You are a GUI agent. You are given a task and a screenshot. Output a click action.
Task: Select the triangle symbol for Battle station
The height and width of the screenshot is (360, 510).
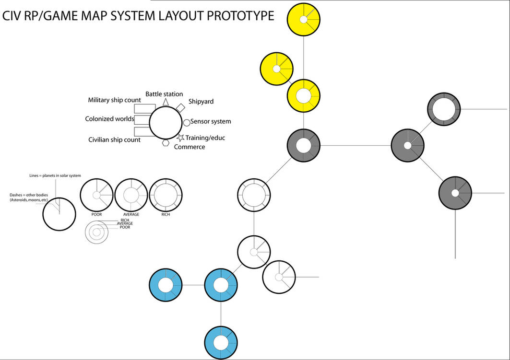(166, 102)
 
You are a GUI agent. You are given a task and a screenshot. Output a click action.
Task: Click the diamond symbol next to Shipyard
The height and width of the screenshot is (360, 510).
(180, 107)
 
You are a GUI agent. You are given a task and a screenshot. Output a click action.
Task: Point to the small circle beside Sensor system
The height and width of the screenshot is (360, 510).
(187, 122)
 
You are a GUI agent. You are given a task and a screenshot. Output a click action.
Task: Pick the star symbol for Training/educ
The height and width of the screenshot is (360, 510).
(180, 137)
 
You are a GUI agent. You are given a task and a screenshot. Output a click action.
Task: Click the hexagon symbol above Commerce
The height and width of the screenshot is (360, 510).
(166, 142)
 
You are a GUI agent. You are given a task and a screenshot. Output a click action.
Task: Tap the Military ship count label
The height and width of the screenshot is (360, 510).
(114, 100)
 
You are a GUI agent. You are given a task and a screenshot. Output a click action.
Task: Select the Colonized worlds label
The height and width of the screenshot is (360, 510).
(109, 119)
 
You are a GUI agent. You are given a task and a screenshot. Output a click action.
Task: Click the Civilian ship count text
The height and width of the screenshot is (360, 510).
(114, 140)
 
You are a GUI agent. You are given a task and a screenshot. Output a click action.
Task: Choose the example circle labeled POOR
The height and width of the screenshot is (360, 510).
(96, 195)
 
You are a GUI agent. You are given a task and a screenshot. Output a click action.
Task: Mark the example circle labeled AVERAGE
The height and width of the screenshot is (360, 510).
(131, 195)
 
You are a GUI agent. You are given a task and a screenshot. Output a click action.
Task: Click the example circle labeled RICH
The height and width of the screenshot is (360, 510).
(166, 195)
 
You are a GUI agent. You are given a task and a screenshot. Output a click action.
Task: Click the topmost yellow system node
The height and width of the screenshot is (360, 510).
(303, 20)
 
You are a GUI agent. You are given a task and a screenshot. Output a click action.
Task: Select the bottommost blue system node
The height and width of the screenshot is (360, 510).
(221, 343)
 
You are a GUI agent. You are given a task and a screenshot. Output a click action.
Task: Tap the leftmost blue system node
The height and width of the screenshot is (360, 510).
(166, 285)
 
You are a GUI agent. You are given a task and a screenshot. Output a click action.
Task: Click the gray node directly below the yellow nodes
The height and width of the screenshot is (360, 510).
(303, 145)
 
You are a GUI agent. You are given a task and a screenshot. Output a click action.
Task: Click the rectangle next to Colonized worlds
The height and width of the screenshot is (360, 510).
(142, 119)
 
